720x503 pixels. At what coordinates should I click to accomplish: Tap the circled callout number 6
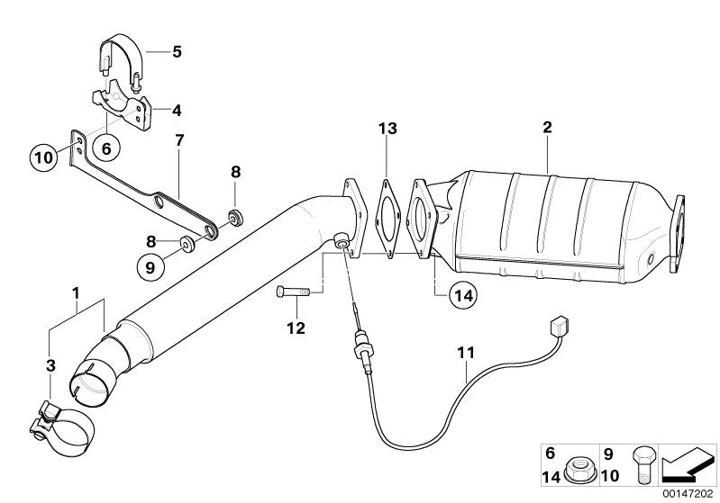[x=106, y=148]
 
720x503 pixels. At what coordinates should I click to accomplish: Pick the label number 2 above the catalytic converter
[x=547, y=130]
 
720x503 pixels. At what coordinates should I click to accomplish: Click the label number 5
[x=177, y=51]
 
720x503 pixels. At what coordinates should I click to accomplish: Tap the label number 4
[x=177, y=111]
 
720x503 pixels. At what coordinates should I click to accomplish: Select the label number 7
[x=179, y=141]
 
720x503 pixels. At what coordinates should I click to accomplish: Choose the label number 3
[x=51, y=365]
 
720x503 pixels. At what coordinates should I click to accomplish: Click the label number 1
[x=77, y=293]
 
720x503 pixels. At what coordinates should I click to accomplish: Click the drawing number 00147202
[x=688, y=493]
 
